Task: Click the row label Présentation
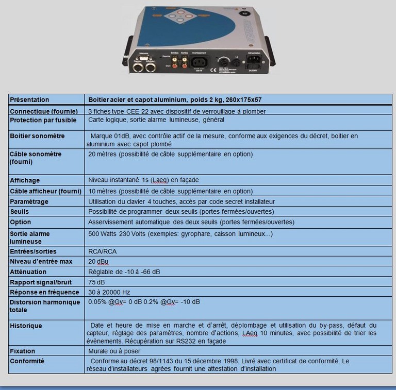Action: click(x=30, y=99)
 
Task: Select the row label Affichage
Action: click(x=25, y=180)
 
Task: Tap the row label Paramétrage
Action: click(x=29, y=201)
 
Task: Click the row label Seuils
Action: click(x=20, y=212)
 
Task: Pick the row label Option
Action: click(x=21, y=222)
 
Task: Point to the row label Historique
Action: click(x=26, y=326)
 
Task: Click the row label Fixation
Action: click(x=23, y=351)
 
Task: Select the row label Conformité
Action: click(x=27, y=361)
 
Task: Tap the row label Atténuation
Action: click(x=28, y=272)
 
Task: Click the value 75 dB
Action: click(x=96, y=282)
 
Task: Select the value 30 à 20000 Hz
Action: click(x=109, y=292)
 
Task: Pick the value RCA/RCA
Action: click(x=102, y=251)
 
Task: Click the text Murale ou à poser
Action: click(x=114, y=351)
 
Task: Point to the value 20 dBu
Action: click(x=98, y=261)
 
